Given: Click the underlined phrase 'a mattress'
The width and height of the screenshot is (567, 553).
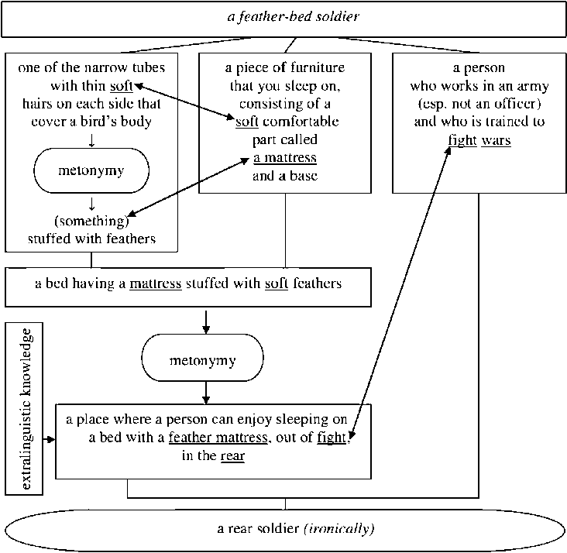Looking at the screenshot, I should point(284,158).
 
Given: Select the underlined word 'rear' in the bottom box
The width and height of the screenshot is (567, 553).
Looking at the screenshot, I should point(232,456).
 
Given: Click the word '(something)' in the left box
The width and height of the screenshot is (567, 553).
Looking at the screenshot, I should point(91,222).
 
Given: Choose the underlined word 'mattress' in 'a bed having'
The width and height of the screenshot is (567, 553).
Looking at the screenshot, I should point(156,283).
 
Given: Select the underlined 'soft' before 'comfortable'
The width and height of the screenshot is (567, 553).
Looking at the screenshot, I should point(247,122).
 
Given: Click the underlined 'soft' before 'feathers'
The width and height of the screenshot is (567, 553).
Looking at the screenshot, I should point(277,283).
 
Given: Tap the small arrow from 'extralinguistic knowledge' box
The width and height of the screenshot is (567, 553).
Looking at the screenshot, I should point(50,439).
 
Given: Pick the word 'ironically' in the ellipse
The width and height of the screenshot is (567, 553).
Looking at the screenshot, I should point(340,529).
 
